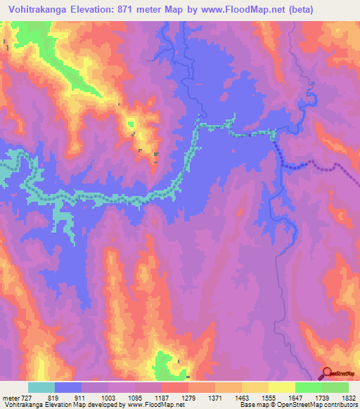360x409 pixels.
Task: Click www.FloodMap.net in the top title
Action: pos(236,10)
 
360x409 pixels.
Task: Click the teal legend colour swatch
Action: pos(41,387)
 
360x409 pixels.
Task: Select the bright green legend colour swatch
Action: pos(308,387)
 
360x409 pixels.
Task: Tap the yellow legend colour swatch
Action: pos(281,387)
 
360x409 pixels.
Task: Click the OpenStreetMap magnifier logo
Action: pos(328,373)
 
